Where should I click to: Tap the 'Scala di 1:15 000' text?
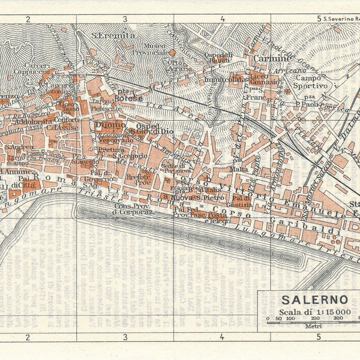click(x=307, y=311)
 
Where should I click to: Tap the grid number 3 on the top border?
click(x=125, y=19)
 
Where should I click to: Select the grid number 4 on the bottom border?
click(x=222, y=337)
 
